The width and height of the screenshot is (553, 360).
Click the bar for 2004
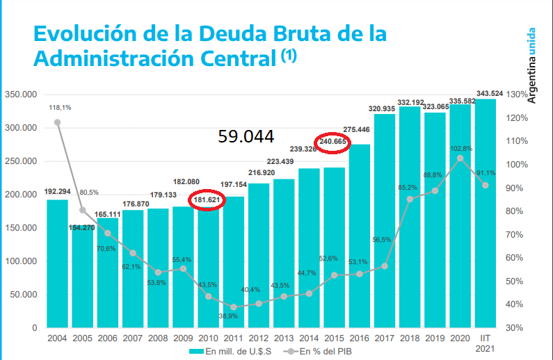[x=57, y=264]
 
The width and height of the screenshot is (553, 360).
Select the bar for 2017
[x=384, y=222]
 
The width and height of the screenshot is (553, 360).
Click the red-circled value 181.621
[x=208, y=200]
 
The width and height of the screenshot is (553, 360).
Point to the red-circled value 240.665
[x=333, y=142]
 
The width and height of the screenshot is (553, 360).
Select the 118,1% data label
[x=59, y=108]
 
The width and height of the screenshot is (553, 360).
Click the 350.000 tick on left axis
[x=20, y=95]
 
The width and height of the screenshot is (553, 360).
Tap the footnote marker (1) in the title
[x=289, y=56]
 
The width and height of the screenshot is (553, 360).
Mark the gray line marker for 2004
[x=57, y=122]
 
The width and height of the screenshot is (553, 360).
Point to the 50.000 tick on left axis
[x=22, y=295]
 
